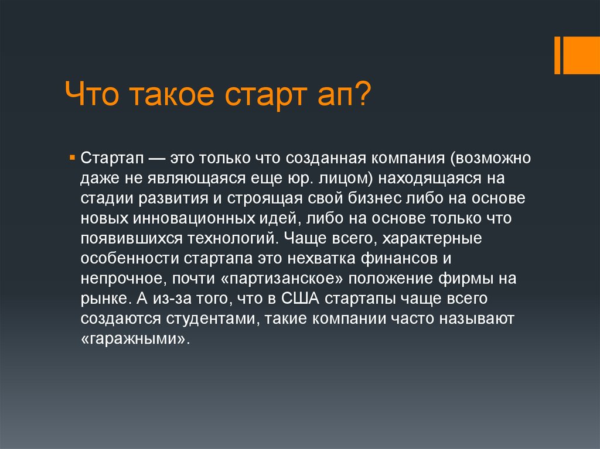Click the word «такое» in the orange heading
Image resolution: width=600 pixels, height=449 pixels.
(x=171, y=94)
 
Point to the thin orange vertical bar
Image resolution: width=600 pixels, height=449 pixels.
(x=557, y=55)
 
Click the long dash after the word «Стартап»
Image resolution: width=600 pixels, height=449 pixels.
(x=157, y=159)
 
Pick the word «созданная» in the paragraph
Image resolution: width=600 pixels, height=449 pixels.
(x=325, y=158)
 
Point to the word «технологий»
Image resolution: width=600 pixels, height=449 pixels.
(x=232, y=238)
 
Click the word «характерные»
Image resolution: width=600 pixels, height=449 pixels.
(x=432, y=239)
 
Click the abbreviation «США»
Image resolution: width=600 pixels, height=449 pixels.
(x=301, y=299)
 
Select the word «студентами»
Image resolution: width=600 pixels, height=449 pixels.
(x=210, y=318)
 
